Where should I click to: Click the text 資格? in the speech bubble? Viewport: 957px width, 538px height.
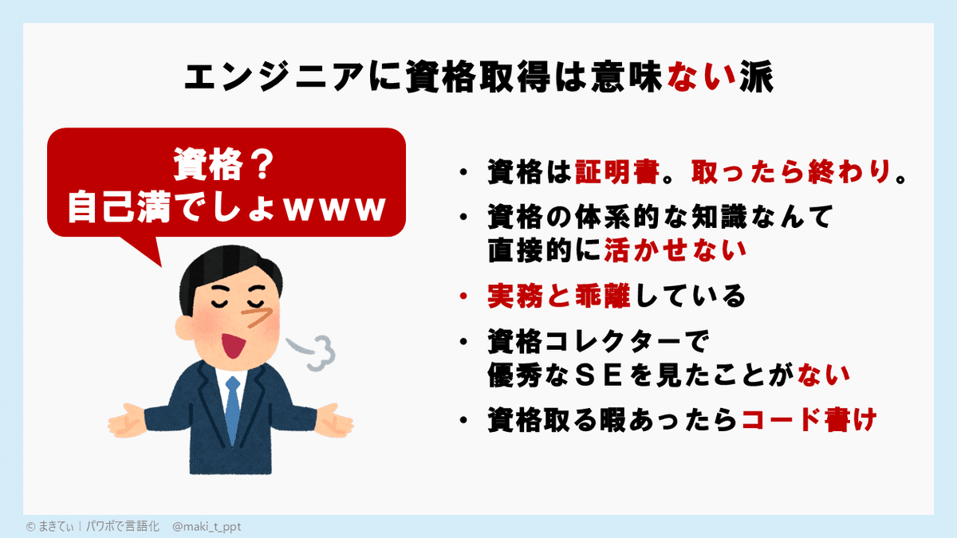tap(224, 166)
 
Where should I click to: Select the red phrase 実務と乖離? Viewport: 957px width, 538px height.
tap(558, 296)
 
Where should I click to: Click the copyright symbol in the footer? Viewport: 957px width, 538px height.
tap(30, 527)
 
